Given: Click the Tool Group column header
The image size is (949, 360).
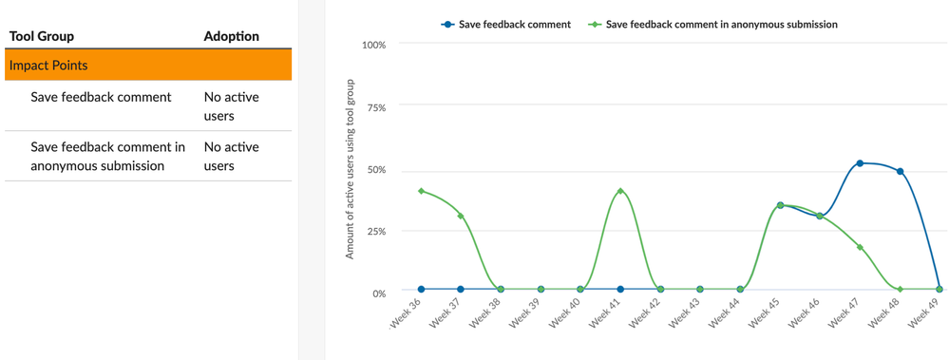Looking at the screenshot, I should pos(41,36).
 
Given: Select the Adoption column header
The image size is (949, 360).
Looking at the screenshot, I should pos(231,36).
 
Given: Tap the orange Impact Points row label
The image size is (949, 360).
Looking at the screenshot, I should pos(48,66).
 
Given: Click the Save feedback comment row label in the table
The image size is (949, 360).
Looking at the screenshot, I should pos(101,97).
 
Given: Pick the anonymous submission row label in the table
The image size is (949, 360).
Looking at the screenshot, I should pos(107,157).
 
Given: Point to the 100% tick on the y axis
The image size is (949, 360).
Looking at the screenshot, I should pos(373,45).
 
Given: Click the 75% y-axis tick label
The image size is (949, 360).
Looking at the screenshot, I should pos(375,107).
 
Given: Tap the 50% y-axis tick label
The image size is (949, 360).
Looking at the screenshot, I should pos(375,170).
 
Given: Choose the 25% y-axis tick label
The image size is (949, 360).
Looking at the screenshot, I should pos(375,232).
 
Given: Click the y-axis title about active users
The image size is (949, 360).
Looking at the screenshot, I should pos(350,169).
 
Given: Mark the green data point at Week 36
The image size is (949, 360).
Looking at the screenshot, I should pos(421,191).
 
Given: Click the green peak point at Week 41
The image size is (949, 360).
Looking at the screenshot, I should pos(620,191).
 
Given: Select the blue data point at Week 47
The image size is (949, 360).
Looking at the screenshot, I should pos(860,163).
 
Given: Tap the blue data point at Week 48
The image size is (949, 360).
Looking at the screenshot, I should pos(900,172).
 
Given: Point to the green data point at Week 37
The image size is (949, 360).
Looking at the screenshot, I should pos(461,217).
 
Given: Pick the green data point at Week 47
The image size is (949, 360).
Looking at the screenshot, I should pos(860,247).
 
